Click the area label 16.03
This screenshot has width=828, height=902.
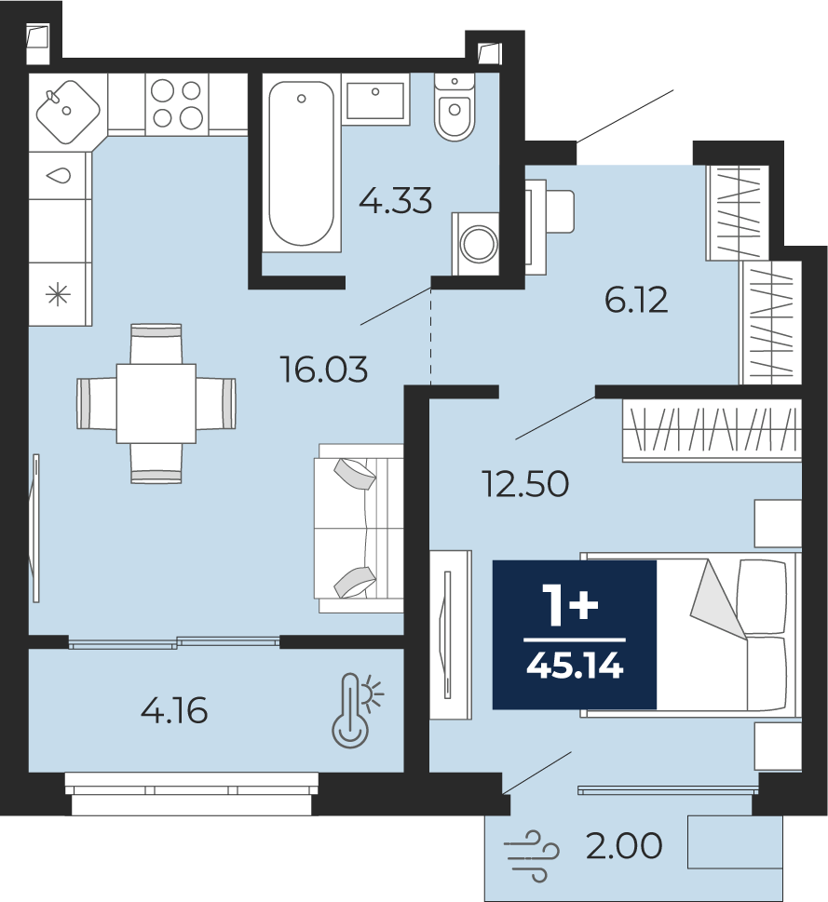tap(324, 370)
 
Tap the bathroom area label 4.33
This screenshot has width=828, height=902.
tap(395, 201)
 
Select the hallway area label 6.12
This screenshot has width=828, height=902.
tap(636, 301)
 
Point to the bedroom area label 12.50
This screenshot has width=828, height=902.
tap(525, 484)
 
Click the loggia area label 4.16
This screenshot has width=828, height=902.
tap(174, 711)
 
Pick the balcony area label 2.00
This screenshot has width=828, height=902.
tap(624, 846)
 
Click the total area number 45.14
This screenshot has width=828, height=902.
tap(575, 666)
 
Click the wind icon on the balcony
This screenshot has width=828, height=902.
tap(531, 856)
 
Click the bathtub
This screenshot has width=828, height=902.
tap(302, 163)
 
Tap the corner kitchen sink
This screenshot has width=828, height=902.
tap(68, 111)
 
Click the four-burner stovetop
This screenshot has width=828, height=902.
tap(177, 104)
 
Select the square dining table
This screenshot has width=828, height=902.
tap(156, 403)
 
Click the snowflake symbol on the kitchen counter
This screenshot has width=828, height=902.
tap(58, 296)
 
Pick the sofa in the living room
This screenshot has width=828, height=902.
tap(359, 528)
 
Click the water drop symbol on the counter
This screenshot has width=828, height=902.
tap(59, 175)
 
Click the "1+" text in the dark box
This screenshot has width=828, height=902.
tap(574, 606)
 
